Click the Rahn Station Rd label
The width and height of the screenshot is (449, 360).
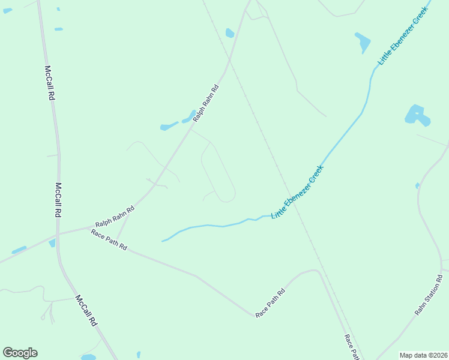(428, 295)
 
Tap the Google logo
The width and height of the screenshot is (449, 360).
(20, 353)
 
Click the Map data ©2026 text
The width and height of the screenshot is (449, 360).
(423, 355)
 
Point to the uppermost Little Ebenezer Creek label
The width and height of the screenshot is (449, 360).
(404, 35)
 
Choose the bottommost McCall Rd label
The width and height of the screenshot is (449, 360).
(86, 310)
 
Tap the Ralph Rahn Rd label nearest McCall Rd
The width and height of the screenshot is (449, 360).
(115, 216)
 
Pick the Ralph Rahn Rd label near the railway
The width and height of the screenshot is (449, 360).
(206, 104)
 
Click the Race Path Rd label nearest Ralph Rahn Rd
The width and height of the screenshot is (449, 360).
(109, 239)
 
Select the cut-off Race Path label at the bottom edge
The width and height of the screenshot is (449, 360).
(352, 346)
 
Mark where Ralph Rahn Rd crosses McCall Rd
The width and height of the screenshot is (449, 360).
(58, 232)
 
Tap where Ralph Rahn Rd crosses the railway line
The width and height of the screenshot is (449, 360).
(229, 61)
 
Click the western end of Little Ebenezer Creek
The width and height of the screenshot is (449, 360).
(162, 241)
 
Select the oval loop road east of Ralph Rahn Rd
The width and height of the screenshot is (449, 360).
(217, 172)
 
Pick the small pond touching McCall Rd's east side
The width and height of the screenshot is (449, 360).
(52, 243)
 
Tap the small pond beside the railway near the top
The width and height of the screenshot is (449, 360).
(229, 33)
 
